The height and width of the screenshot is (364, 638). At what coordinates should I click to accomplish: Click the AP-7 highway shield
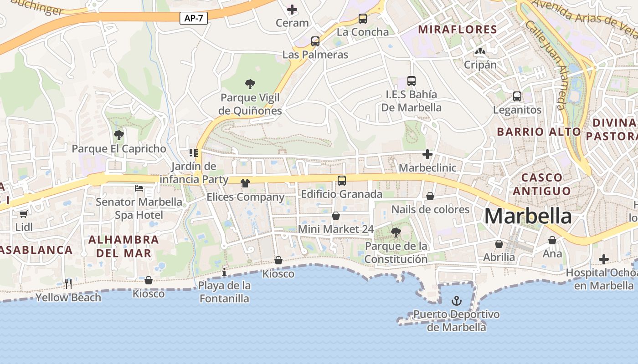[194, 18]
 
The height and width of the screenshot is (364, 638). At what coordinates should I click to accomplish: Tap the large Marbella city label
[528, 216]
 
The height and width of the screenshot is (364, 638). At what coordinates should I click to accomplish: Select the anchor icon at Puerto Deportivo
[456, 301]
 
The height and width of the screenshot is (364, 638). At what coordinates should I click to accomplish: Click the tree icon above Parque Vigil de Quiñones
[250, 84]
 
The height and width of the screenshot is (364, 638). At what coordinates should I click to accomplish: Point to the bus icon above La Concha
[363, 19]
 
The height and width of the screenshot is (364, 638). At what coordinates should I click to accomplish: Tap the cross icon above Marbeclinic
[427, 155]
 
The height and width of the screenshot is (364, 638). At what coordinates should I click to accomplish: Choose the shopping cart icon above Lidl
[24, 213]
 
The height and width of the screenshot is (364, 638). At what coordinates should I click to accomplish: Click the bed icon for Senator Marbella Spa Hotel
[139, 188]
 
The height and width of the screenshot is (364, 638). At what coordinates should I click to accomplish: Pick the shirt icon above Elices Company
[246, 183]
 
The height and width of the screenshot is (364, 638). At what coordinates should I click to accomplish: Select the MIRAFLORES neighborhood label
[458, 30]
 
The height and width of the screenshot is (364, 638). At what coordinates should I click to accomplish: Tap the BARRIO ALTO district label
[539, 132]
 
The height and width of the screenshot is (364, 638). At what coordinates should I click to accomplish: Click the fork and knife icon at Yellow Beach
[68, 284]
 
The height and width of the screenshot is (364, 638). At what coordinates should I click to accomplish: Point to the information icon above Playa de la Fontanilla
[224, 273]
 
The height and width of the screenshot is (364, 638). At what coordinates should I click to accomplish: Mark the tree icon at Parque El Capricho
[119, 135]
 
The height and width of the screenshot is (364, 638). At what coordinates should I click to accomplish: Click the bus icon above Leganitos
[517, 96]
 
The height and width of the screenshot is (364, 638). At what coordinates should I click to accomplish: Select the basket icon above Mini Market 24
[336, 216]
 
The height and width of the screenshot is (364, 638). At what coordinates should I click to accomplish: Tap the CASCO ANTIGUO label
[542, 184]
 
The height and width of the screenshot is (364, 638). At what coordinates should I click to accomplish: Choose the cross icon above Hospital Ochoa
[604, 259]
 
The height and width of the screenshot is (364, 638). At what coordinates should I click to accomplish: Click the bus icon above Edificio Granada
[342, 181]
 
